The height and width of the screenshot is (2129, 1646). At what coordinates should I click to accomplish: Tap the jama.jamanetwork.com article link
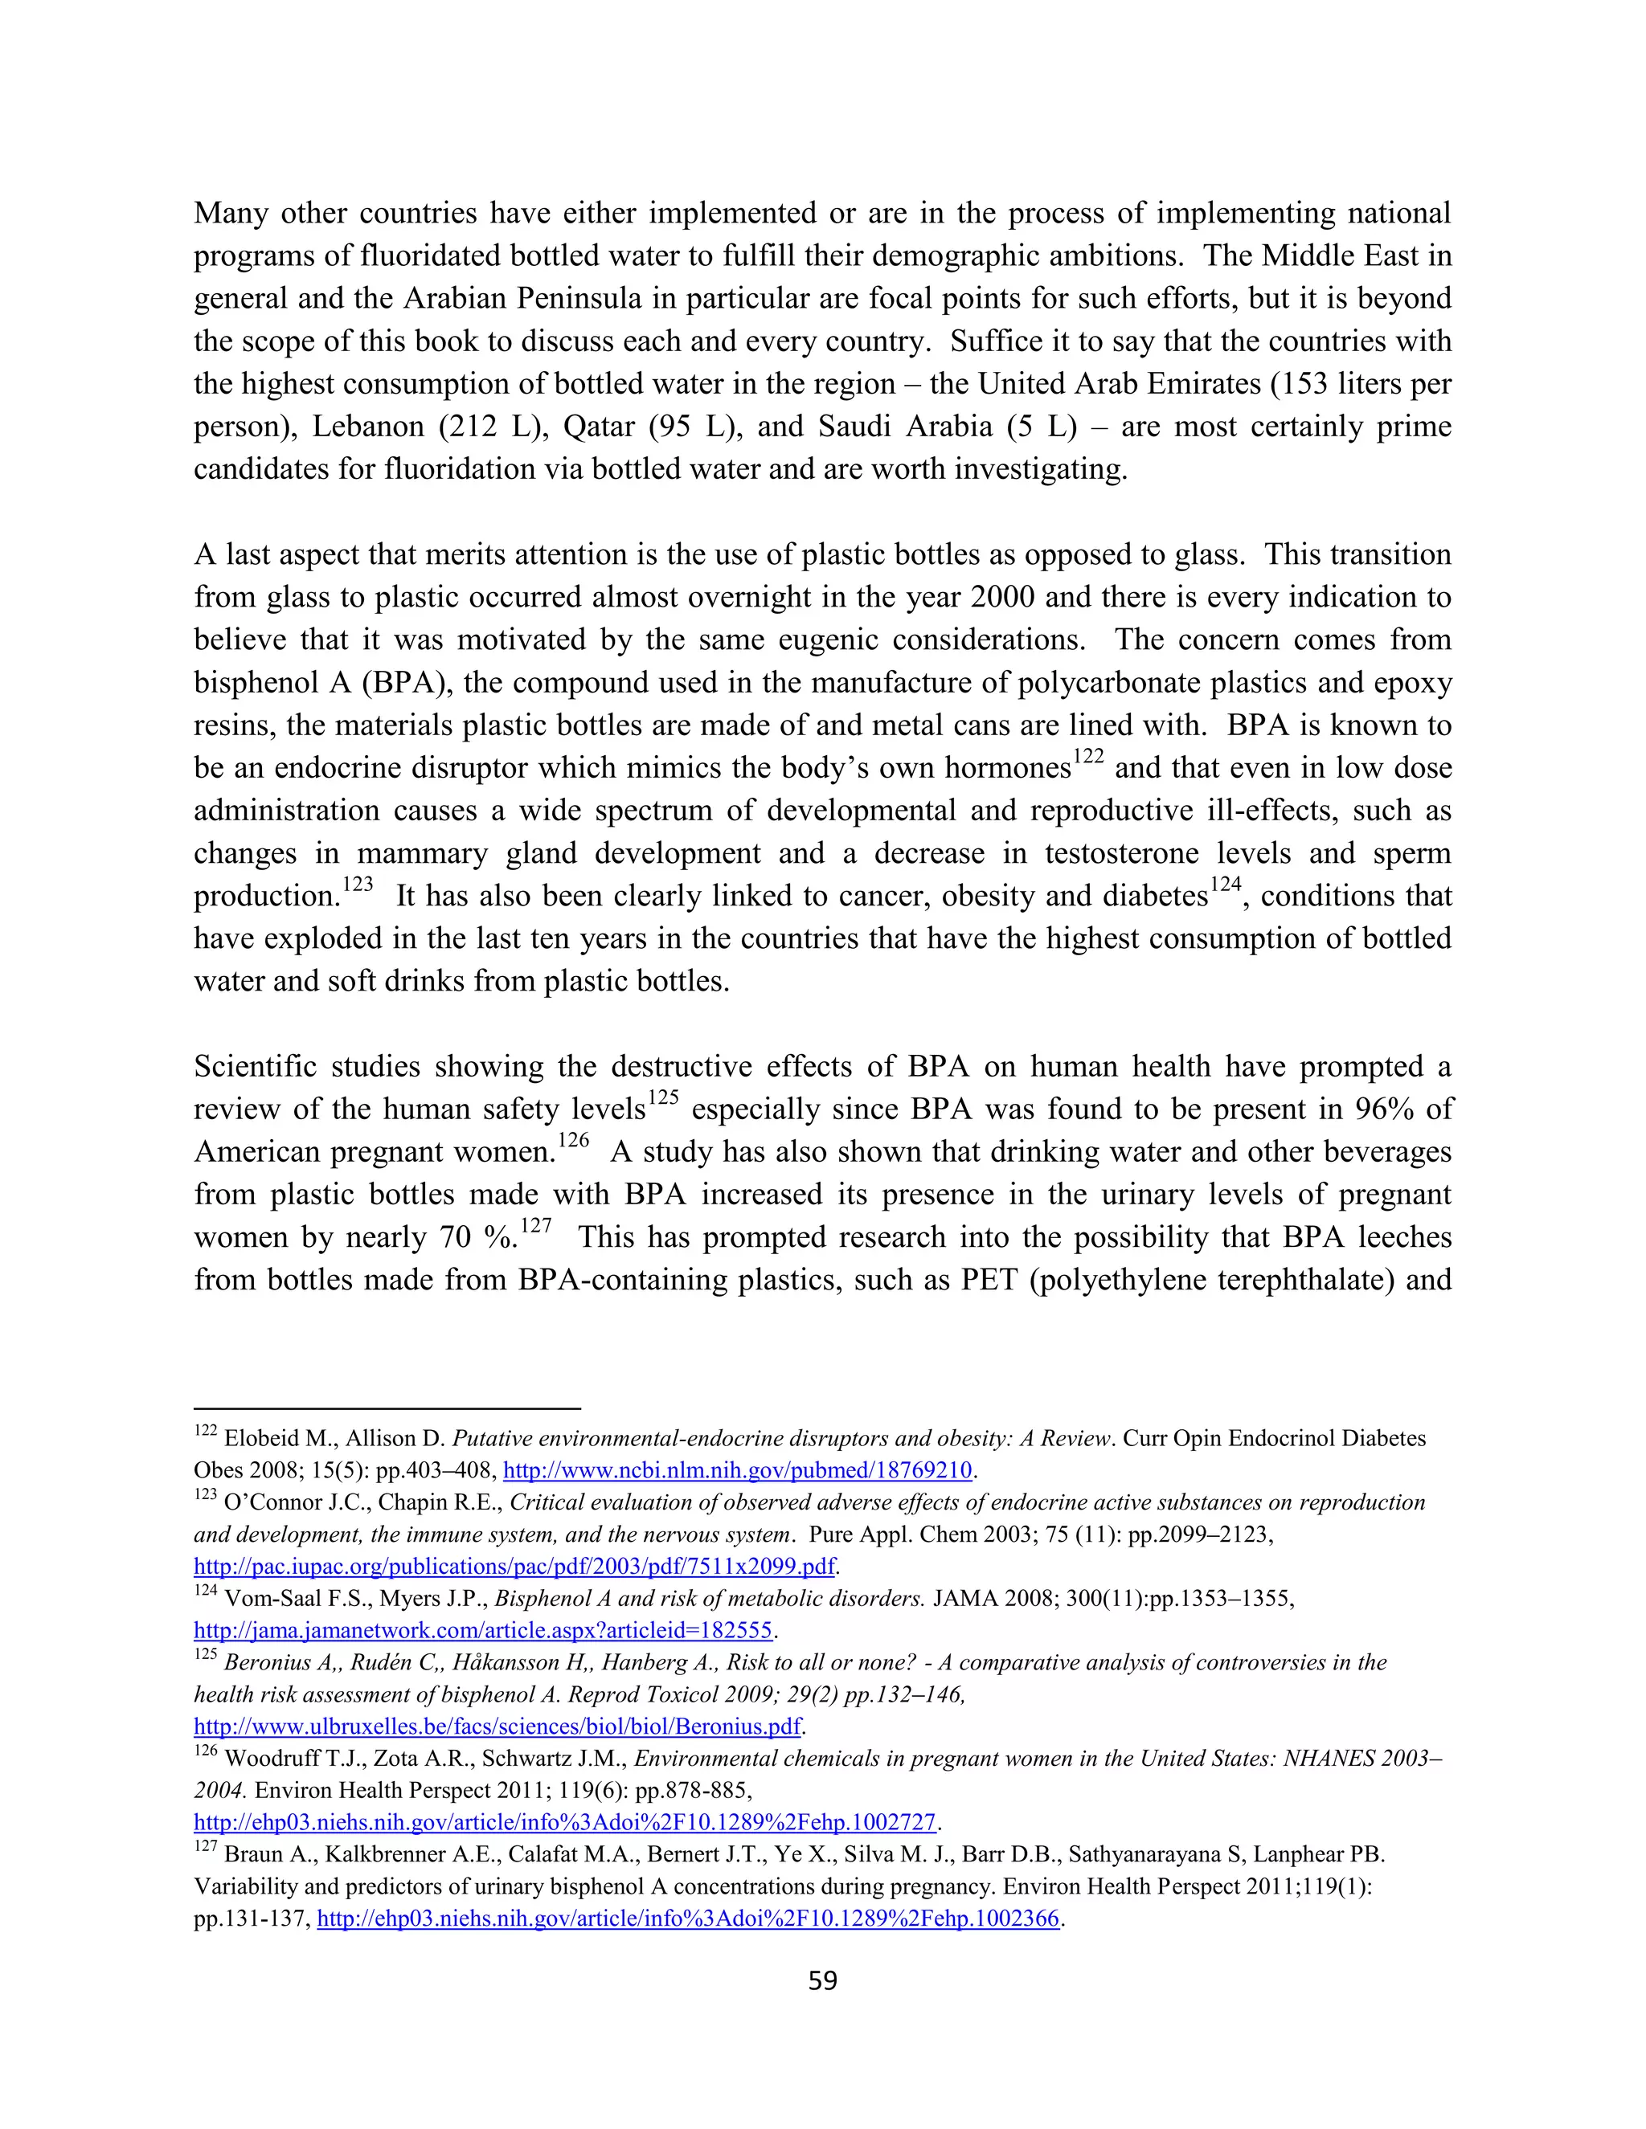483,1631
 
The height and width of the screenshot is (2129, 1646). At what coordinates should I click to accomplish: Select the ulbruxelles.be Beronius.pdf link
497,1726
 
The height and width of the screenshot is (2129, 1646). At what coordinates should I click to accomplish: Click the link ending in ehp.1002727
564,1822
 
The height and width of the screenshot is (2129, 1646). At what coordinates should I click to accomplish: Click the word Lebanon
367,427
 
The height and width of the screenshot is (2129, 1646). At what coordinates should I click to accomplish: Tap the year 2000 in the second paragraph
998,598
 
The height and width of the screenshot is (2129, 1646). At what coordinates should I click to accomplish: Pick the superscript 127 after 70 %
535,1226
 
